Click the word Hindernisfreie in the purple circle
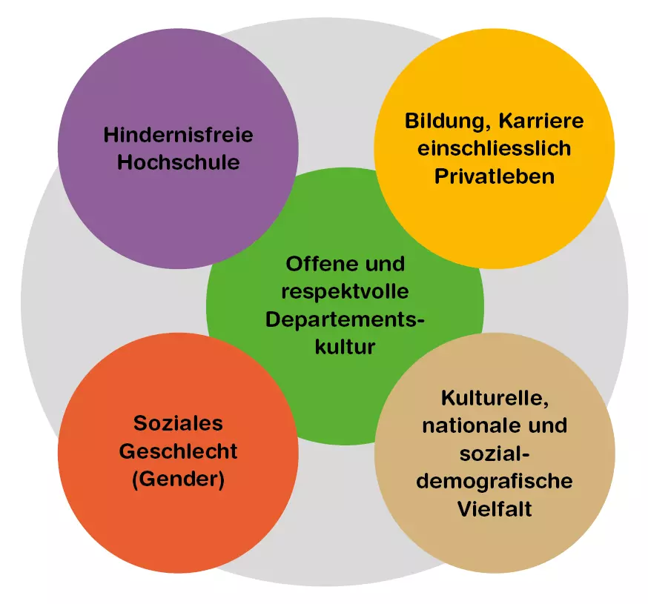[178, 135]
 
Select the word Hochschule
[179, 162]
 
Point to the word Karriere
[541, 121]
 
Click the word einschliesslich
[495, 148]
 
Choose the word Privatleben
[495, 176]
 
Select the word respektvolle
[345, 293]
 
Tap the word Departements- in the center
[345, 320]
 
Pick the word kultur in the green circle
[345, 347]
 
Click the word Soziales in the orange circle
[178, 423]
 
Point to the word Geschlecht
[178, 451]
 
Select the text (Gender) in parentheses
[178, 479]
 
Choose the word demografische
[495, 481]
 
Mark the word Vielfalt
[495, 508]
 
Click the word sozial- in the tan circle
[495, 454]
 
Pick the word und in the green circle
[385, 264]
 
